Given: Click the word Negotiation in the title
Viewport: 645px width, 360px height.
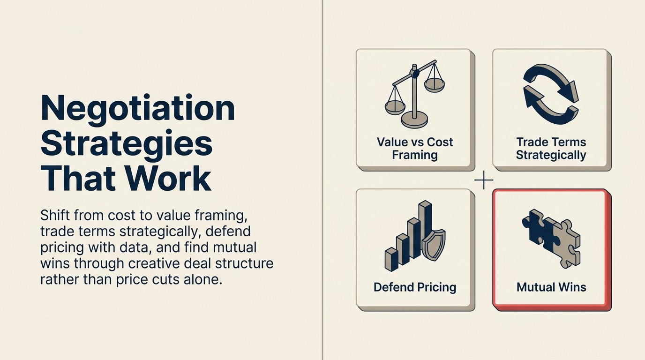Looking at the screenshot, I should [x=137, y=108].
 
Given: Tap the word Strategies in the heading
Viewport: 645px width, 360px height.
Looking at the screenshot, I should [x=127, y=144].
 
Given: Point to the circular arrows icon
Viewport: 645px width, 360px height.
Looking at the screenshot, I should [x=551, y=94].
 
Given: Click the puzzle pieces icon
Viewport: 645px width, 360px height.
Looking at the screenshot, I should [x=551, y=238].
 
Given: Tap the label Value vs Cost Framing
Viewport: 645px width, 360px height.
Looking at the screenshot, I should [x=415, y=149].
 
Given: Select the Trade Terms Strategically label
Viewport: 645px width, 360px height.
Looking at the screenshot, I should [x=551, y=149].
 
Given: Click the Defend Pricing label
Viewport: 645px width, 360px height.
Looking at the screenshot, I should [x=415, y=287].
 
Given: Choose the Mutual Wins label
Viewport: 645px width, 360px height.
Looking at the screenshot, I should [x=551, y=287].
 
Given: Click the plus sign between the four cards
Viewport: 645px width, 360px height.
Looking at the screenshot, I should [x=483, y=180].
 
